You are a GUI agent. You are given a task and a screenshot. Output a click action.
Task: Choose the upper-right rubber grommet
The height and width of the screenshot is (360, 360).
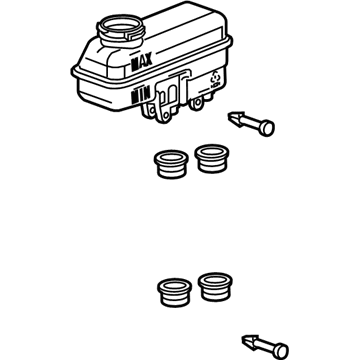210,157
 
